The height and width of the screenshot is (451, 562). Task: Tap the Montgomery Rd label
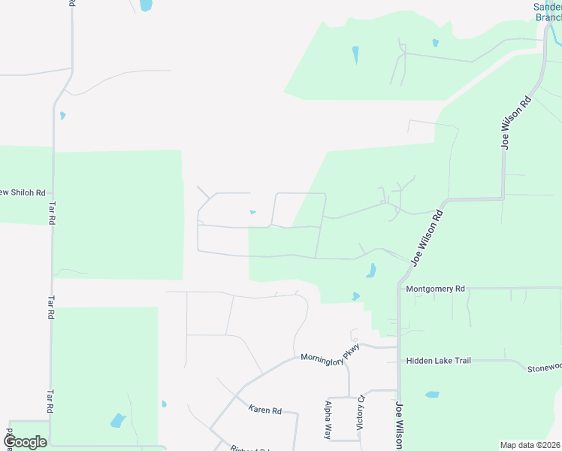tap(436, 289)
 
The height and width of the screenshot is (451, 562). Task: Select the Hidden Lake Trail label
tap(438, 361)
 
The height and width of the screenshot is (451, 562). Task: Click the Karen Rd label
tap(264, 410)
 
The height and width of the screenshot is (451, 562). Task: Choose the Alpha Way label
tap(328, 419)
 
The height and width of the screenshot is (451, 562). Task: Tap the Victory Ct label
tap(360, 412)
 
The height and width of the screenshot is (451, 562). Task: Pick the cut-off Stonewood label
tap(543, 367)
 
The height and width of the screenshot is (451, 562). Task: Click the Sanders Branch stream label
tap(547, 12)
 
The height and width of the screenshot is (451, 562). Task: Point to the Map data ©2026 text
tap(530, 445)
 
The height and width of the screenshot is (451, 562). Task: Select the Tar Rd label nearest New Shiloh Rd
tap(52, 212)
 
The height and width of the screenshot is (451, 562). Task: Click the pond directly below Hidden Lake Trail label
tap(431, 394)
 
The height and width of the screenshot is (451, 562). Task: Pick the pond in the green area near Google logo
tap(118, 420)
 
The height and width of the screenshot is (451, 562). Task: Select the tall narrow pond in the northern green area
tap(355, 55)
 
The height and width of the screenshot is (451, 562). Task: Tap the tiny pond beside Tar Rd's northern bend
tap(62, 116)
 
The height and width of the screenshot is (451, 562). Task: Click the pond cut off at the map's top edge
tap(145, 5)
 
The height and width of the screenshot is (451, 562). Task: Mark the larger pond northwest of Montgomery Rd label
tap(371, 270)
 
